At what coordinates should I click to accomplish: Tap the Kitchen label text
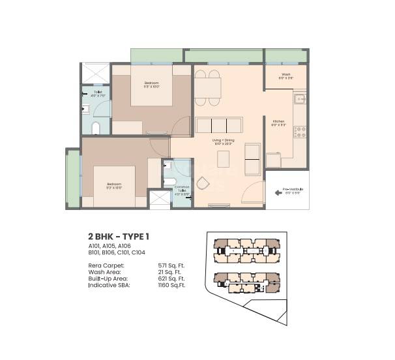point(278,123)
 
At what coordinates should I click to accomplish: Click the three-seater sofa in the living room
point(217,125)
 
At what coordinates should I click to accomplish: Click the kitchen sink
point(300,100)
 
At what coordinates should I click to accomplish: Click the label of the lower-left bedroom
point(114,186)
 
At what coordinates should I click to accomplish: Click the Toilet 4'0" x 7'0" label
point(98,94)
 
